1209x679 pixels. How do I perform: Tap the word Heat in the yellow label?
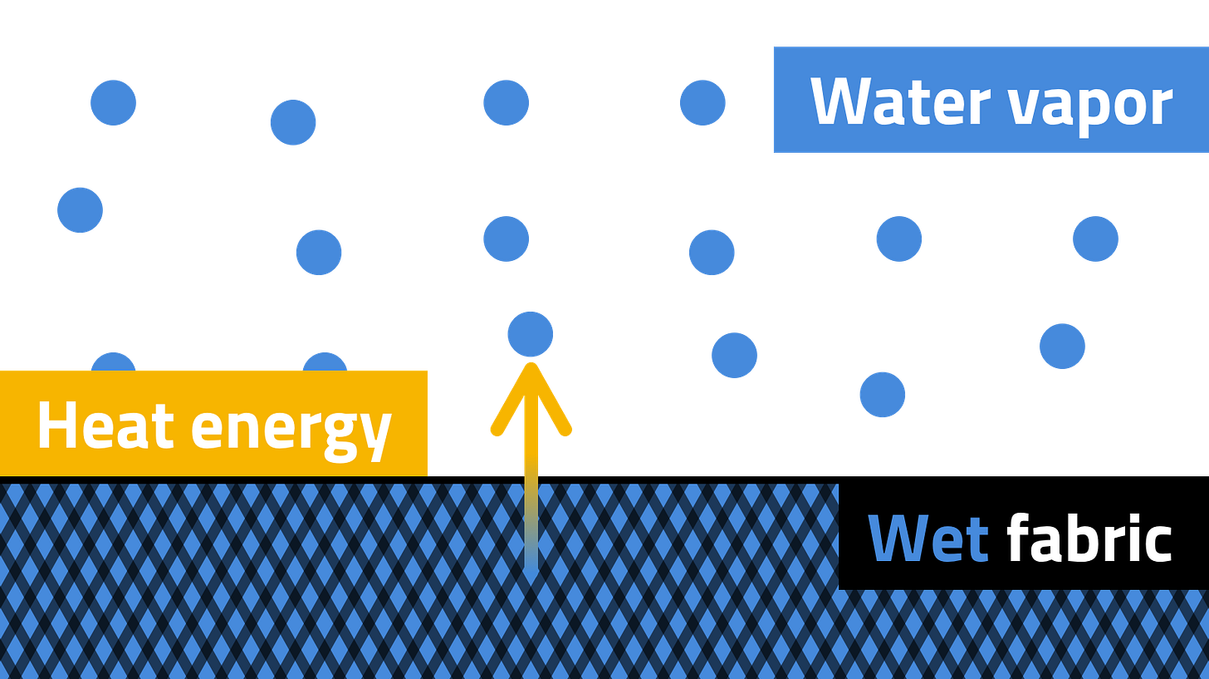pyautogui.click(x=105, y=425)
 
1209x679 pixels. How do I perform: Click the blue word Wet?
pyautogui.click(x=928, y=539)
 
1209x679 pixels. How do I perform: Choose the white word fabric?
pyautogui.click(x=1089, y=539)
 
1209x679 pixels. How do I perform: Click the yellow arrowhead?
pyautogui.click(x=531, y=399)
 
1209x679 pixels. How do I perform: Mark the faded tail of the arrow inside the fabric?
pyautogui.click(x=531, y=532)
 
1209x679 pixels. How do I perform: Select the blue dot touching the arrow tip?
pyautogui.click(x=530, y=334)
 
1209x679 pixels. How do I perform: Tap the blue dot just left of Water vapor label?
pyautogui.click(x=702, y=102)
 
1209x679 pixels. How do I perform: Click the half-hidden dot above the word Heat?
pyautogui.click(x=113, y=360)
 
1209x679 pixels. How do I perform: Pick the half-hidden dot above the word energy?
pyautogui.click(x=324, y=360)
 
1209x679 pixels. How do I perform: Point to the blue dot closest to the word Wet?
pyautogui.click(x=882, y=394)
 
